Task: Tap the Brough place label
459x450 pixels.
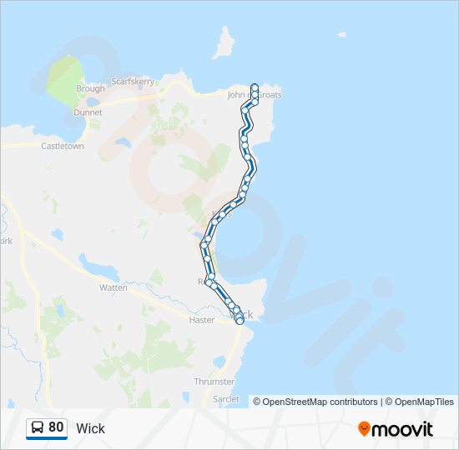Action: pyautogui.click(x=90, y=88)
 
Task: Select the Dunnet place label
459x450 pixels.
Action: pyautogui.click(x=88, y=112)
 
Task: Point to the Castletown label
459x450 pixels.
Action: pyautogui.click(x=63, y=146)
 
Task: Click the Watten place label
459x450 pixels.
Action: pyautogui.click(x=113, y=287)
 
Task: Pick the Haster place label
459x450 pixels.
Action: pyautogui.click(x=202, y=320)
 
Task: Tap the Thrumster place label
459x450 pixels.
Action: pyautogui.click(x=214, y=381)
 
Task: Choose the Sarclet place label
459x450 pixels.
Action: pyautogui.click(x=225, y=400)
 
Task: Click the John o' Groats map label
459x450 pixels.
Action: pyautogui.click(x=255, y=95)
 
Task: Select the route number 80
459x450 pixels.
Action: pyautogui.click(x=56, y=427)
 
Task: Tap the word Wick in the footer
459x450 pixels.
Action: pyautogui.click(x=90, y=428)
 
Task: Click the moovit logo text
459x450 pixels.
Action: pyautogui.click(x=402, y=429)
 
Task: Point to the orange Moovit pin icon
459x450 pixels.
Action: pyautogui.click(x=364, y=428)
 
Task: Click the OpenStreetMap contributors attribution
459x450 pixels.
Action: pyautogui.click(x=320, y=402)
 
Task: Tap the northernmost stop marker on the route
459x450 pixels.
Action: pyautogui.click(x=255, y=87)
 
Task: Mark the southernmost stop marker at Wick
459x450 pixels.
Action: pyautogui.click(x=240, y=320)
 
